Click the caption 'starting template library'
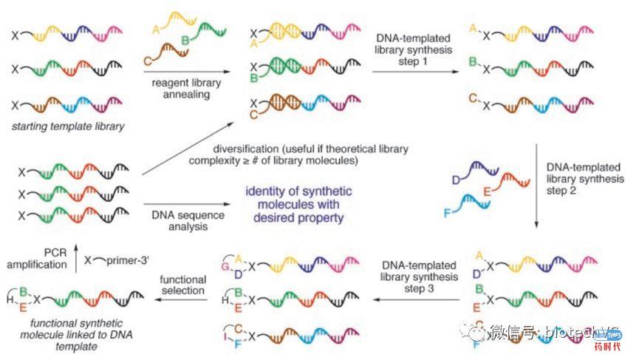(x=69, y=126)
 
